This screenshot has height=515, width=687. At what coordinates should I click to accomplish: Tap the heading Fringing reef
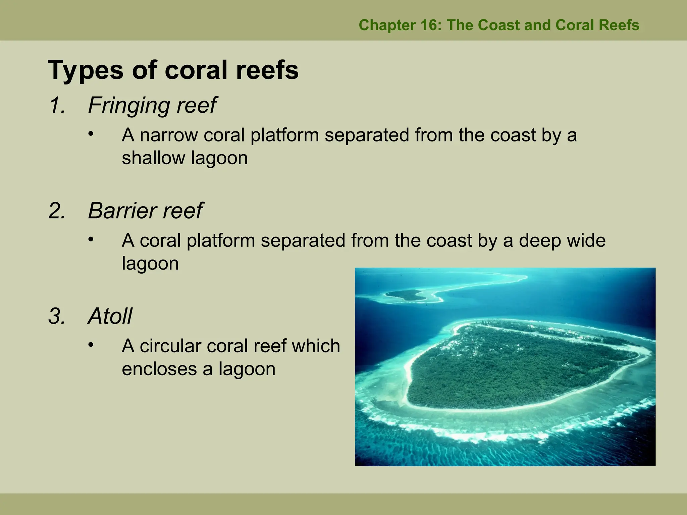coord(152,105)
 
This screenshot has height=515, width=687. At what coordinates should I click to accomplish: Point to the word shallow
coord(153,158)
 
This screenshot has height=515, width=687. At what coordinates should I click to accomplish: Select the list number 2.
coord(57,211)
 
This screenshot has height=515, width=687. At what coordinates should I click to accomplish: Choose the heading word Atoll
coord(110,316)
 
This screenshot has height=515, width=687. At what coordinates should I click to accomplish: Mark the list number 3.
coord(57,316)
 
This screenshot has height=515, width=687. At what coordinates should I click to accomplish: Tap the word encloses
coord(159,369)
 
